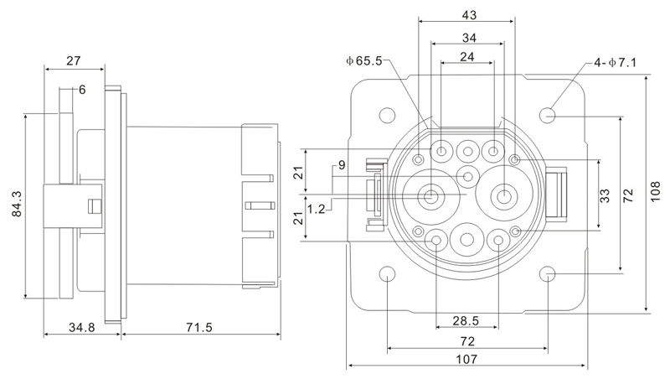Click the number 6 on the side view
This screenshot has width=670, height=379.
[82, 90]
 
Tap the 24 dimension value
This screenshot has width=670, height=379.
[467, 58]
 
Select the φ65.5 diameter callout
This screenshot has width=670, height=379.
[367, 60]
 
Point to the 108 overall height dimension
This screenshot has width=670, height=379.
[658, 195]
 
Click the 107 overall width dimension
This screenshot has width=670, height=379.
[466, 358]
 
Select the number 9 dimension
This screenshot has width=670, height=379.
[341, 164]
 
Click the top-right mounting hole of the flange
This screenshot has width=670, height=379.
[549, 113]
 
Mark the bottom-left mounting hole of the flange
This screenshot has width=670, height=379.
[387, 274]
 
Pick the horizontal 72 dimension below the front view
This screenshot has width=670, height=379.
[467, 341]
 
